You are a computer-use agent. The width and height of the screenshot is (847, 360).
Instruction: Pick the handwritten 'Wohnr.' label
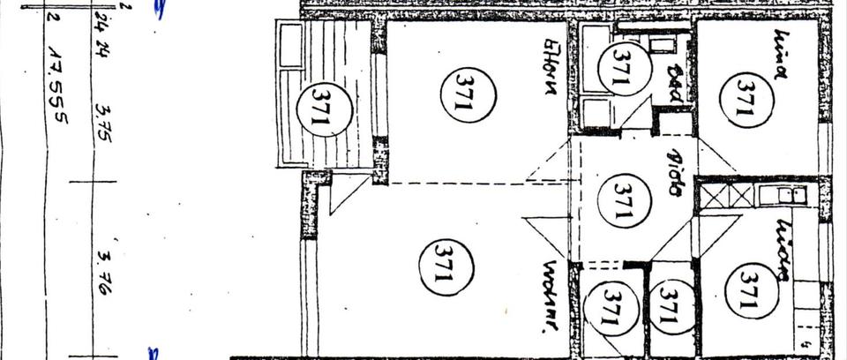pos(553,295)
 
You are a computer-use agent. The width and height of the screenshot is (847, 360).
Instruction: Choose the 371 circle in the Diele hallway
pos(626,201)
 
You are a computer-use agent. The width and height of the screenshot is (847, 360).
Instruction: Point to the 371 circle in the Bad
pos(618,69)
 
